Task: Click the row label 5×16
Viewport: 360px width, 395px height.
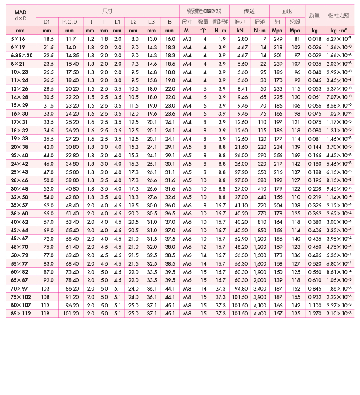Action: pos(18,39)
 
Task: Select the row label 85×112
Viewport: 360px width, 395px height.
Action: pos(19,313)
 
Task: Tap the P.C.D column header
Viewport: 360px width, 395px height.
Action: pos(70,22)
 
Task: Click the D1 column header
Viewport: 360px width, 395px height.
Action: pos(47,22)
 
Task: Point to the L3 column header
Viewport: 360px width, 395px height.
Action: pos(152,22)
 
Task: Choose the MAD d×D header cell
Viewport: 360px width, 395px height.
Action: pos(20,16)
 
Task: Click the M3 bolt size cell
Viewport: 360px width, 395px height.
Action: pos(187,39)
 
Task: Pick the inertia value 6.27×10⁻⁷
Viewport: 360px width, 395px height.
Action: pos(340,39)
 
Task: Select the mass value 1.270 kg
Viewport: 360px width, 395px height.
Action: pos(314,313)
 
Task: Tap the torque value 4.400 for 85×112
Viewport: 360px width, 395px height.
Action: pos(260,313)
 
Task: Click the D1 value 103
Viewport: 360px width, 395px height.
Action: pos(46,288)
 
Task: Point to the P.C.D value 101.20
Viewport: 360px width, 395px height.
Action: pos(71,313)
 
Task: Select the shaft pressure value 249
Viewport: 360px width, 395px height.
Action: pos(278,39)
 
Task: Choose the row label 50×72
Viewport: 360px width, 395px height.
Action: pos(19,255)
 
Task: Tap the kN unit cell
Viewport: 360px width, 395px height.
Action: pos(240,31)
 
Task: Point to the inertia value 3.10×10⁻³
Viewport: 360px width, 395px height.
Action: pos(340,313)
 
